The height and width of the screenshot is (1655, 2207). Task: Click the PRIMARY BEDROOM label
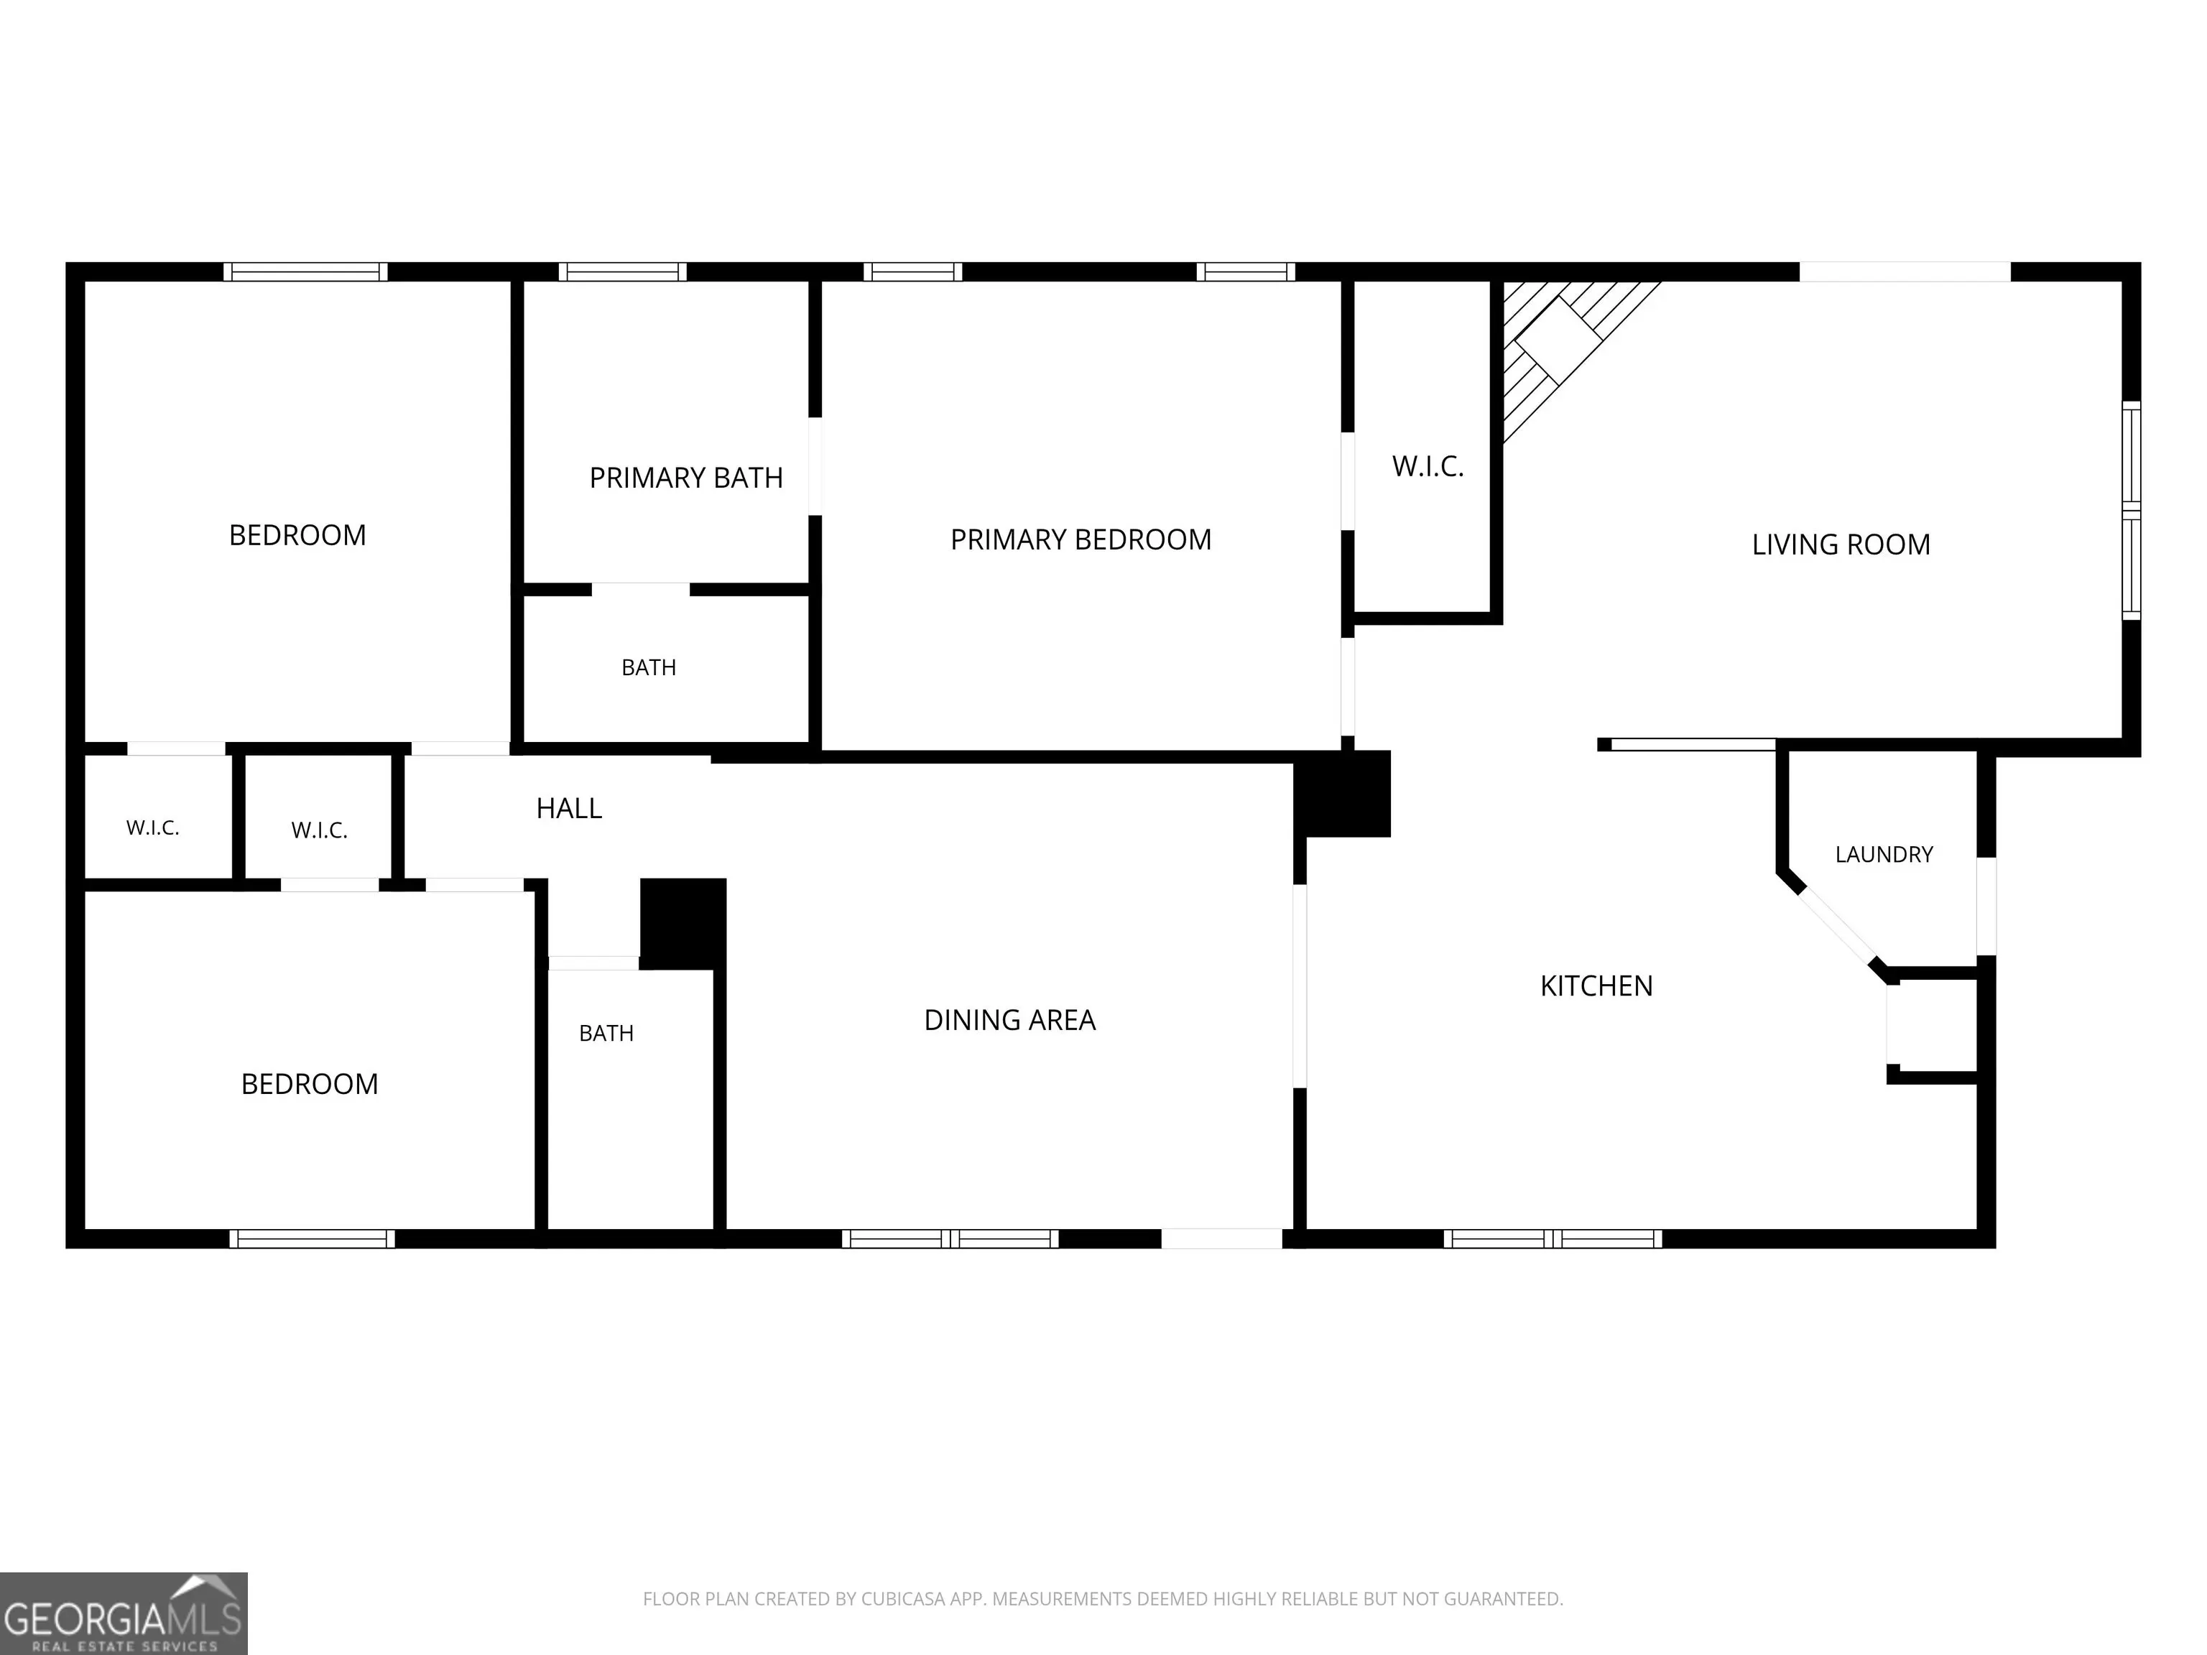pyautogui.click(x=1081, y=539)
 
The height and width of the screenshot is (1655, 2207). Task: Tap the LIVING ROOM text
pyautogui.click(x=1841, y=544)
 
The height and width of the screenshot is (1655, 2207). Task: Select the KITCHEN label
pyautogui.click(x=1596, y=986)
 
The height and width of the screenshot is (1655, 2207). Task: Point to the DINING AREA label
pyautogui.click(x=1009, y=1019)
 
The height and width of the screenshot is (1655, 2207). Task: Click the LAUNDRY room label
pyautogui.click(x=1884, y=854)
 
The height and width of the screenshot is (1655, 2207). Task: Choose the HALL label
pyautogui.click(x=569, y=808)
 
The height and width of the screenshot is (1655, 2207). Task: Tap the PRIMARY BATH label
pyautogui.click(x=685, y=478)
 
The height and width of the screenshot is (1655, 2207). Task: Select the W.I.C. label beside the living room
pyautogui.click(x=1428, y=466)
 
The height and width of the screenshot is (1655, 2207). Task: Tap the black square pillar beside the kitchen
pyautogui.click(x=1342, y=794)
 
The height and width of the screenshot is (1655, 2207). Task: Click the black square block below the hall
pyautogui.click(x=683, y=924)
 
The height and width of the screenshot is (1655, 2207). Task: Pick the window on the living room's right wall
pyautogui.click(x=2130, y=511)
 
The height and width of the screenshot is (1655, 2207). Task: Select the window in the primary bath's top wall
pyautogui.click(x=623, y=272)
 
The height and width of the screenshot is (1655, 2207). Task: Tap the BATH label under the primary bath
pyautogui.click(x=649, y=667)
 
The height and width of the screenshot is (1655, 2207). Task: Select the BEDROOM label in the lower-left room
pyautogui.click(x=310, y=1085)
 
